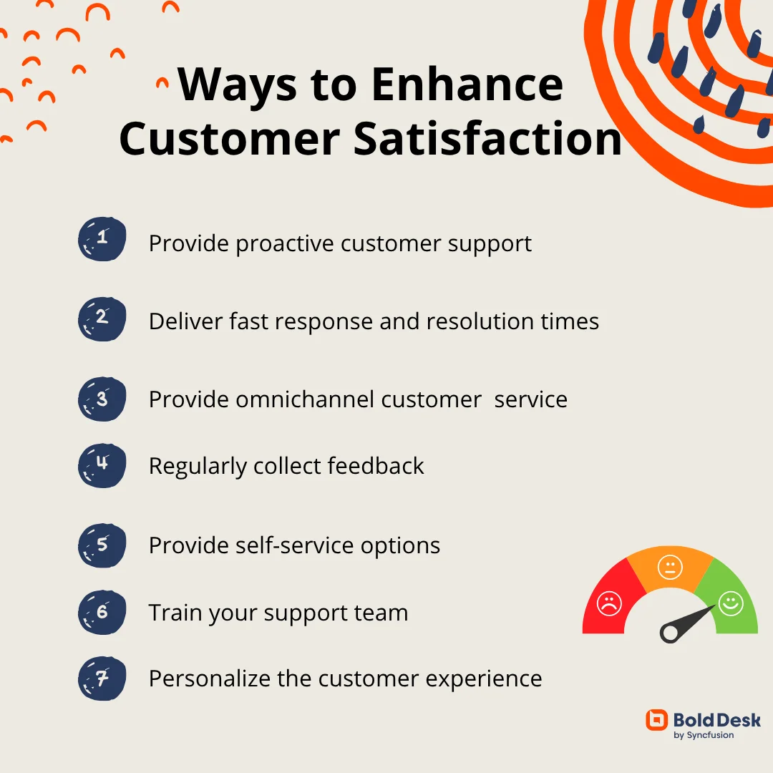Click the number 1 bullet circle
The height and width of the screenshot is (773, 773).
pyautogui.click(x=102, y=239)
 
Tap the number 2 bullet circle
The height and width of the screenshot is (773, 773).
pyautogui.click(x=102, y=319)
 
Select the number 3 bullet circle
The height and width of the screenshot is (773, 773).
pyautogui.click(x=102, y=399)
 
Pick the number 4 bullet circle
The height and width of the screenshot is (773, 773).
pyautogui.click(x=102, y=465)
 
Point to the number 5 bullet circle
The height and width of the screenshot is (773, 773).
pyautogui.click(x=102, y=545)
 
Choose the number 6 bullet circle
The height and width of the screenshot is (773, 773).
pyautogui.click(x=102, y=612)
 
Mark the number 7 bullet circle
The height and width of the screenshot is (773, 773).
pyautogui.click(x=102, y=679)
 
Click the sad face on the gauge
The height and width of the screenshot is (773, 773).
pyautogui.click(x=609, y=603)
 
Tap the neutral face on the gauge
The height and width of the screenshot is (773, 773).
pyautogui.click(x=670, y=567)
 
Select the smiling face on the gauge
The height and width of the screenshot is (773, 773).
pyautogui.click(x=731, y=603)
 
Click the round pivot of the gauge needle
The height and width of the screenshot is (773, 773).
pyautogui.click(x=669, y=633)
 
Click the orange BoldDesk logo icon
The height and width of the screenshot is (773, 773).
pyautogui.click(x=656, y=720)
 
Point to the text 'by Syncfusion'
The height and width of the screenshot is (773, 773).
pyautogui.click(x=704, y=735)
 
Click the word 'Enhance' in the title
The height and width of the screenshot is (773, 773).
pyautogui.click(x=467, y=84)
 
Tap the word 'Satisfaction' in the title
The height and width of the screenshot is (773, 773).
pyautogui.click(x=488, y=139)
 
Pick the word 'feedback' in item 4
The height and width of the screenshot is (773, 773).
pyautogui.click(x=375, y=465)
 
